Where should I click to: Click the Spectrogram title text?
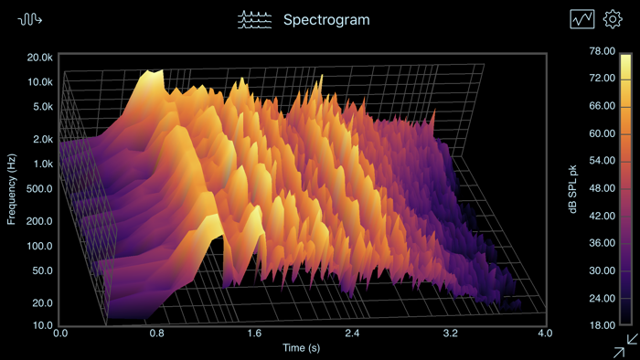pos(326,19)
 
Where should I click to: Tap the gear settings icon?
pos(612,19)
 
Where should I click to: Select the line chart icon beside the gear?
pos(582,19)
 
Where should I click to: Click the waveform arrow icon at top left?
pos(30,19)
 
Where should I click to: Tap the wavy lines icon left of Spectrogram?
pos(255,19)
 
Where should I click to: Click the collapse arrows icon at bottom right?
pos(627,345)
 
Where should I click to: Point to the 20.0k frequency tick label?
pos(40,57)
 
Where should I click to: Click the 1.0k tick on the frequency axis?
pos(43,164)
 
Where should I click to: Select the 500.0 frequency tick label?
pos(40,188)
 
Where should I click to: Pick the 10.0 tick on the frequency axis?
pos(43,325)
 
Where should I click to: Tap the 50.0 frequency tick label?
pos(43,271)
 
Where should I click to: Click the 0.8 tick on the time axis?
pos(156,334)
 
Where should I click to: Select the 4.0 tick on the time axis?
pos(545,334)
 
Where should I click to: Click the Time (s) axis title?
pos(303,348)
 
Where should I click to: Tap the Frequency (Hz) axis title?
pos(12,189)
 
